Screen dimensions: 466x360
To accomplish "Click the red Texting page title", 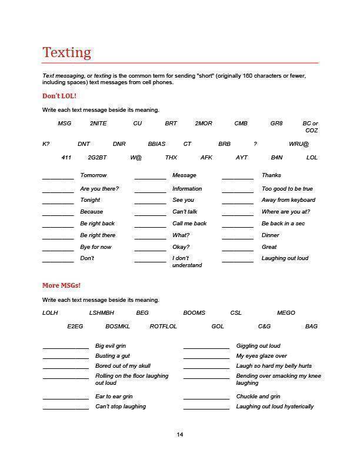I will point(66,52).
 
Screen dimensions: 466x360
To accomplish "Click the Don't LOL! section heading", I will point(59,96).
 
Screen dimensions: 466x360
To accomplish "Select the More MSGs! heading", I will point(61,285).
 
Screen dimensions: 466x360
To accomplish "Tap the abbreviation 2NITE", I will point(98,124).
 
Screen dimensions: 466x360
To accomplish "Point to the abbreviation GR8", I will point(276,124).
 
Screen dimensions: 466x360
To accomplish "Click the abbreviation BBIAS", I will point(156,144).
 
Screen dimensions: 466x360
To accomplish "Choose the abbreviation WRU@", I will point(299,144).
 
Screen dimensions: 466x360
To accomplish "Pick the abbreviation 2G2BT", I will point(97,158).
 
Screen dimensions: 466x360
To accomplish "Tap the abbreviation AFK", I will point(206,158).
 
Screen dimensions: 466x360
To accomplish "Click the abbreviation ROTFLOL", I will point(163,326).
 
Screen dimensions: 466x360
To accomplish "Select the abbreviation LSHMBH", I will point(102,313).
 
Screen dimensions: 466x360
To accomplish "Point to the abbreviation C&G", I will point(264,326).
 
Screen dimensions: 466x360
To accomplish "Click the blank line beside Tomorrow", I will point(58,178).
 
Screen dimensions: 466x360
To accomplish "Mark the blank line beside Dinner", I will point(238,238).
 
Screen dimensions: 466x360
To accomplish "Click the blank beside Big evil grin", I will point(65,348).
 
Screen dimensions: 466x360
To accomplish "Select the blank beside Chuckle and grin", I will point(206,399).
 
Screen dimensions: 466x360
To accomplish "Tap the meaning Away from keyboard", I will point(288,200).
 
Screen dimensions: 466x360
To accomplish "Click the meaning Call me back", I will point(189,224).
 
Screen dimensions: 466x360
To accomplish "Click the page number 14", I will point(180,435).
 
